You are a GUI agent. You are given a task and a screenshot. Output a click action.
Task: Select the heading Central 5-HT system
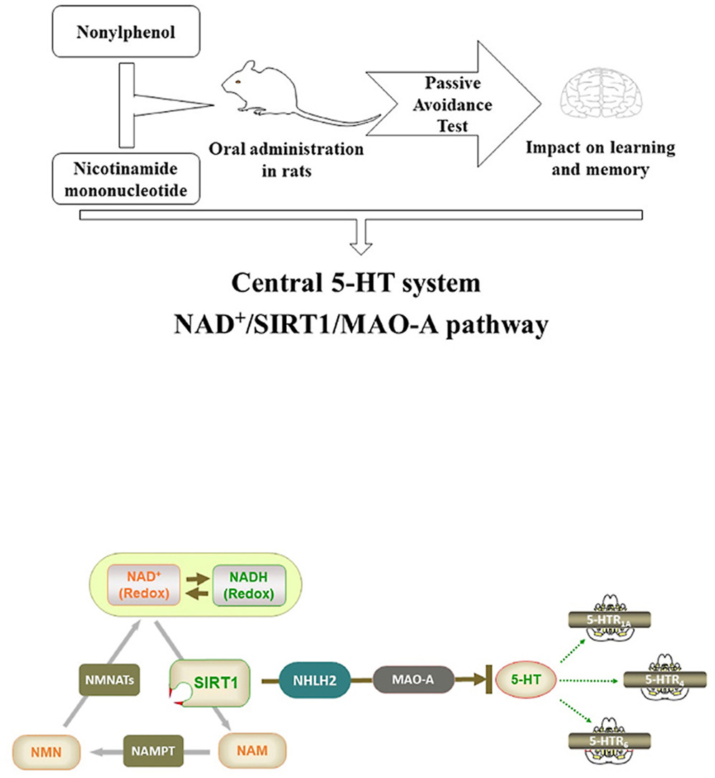coord(355,283)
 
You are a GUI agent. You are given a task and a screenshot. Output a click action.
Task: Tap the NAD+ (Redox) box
coord(140,584)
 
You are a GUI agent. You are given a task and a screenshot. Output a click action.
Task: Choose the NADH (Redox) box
coord(248,584)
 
